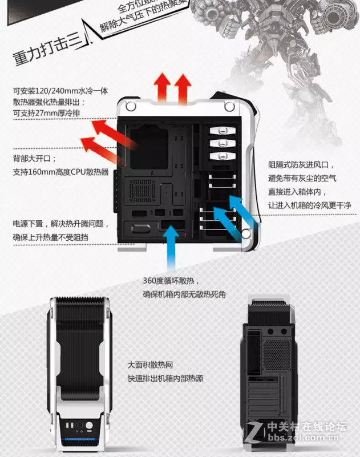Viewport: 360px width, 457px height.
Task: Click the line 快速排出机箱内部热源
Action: (165, 378)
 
